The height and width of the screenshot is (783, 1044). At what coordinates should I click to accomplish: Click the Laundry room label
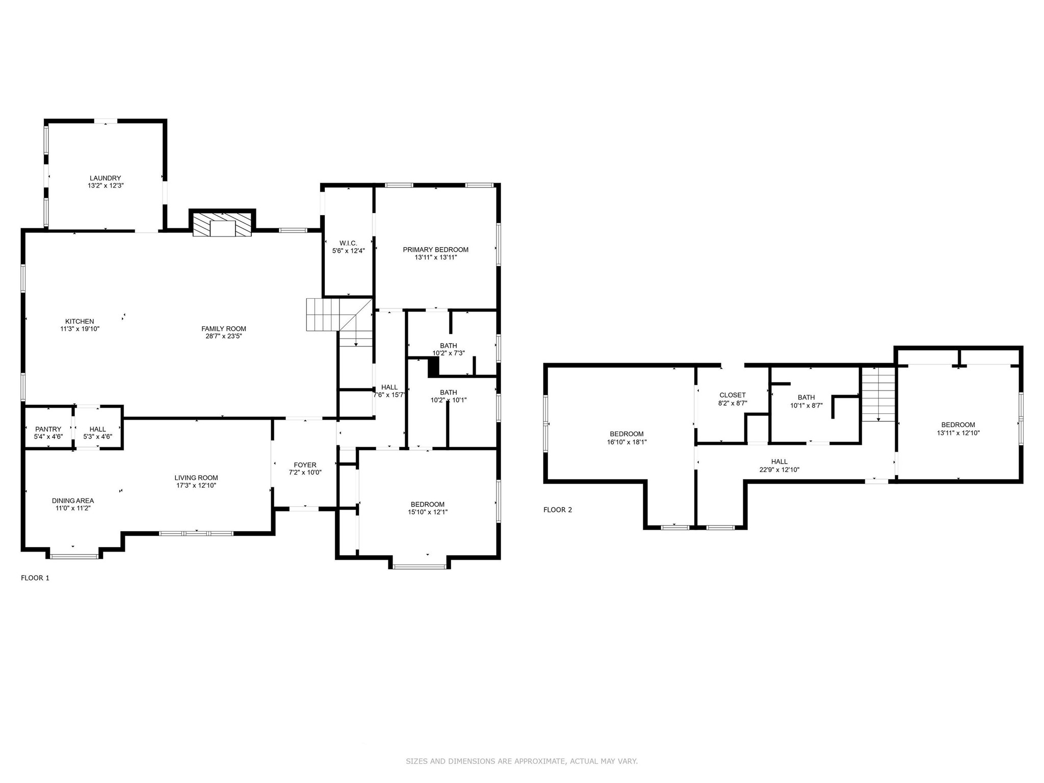[x=106, y=178]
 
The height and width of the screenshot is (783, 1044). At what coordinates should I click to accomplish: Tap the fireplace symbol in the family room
[x=222, y=224]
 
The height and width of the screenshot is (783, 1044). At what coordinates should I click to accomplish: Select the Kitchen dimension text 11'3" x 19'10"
[x=80, y=329]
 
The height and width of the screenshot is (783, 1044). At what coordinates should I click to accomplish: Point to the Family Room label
[x=224, y=329]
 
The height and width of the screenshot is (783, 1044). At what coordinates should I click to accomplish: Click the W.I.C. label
[x=348, y=243]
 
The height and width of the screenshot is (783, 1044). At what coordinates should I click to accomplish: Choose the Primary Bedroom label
[x=436, y=250]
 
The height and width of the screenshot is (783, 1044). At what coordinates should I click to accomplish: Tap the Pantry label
[x=48, y=429]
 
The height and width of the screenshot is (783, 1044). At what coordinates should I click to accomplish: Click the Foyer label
[x=305, y=465]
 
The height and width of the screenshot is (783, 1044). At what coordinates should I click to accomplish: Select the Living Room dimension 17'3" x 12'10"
[x=196, y=485]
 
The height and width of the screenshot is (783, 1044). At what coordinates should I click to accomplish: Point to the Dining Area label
[x=73, y=501]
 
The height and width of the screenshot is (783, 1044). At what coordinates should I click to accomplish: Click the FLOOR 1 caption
[x=35, y=578]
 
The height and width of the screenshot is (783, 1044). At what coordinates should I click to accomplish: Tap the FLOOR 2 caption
[x=558, y=510]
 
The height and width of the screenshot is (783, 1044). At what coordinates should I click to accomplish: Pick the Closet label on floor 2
[x=733, y=395]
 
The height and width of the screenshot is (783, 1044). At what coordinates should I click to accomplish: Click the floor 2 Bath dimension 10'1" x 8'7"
[x=806, y=405]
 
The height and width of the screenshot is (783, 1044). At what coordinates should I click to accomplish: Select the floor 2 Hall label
[x=779, y=462]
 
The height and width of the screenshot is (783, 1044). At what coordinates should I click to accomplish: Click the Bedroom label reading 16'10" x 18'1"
[x=627, y=434]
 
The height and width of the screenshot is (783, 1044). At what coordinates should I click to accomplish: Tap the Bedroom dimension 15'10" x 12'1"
[x=428, y=512]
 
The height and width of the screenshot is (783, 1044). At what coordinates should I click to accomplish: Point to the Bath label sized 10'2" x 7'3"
[x=449, y=346]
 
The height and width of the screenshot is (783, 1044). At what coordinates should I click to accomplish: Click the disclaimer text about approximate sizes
[x=521, y=761]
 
